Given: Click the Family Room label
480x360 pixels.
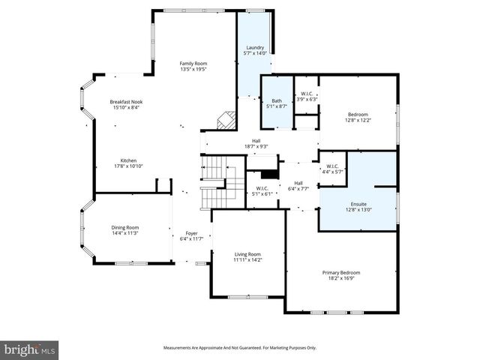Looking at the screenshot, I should (193, 64).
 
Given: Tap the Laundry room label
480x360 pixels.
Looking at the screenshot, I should (255, 48).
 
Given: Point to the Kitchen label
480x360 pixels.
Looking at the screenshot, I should (128, 160).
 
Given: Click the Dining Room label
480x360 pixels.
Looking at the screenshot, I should (125, 227).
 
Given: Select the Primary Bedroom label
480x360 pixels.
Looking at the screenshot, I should (341, 272).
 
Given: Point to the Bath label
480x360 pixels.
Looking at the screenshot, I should (277, 101).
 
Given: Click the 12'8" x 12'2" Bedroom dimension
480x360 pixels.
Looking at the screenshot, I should (358, 120).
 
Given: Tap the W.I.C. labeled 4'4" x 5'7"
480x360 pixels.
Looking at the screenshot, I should (333, 168).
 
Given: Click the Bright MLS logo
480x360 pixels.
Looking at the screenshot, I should (30, 349).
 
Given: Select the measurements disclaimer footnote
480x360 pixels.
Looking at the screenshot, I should (239, 347).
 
